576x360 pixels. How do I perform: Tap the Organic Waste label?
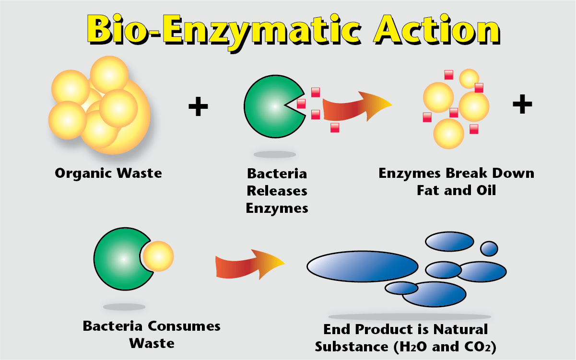108,173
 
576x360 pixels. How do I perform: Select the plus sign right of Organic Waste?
198,106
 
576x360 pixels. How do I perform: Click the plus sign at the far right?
522,105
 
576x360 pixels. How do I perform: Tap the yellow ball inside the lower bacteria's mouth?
158,256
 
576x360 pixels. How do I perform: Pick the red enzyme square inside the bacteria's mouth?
301,103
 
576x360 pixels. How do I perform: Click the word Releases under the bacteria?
277,191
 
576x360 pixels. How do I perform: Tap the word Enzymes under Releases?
277,209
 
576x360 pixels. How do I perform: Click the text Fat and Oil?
456,190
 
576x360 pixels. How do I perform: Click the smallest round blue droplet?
489,248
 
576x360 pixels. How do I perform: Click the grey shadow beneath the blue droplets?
410,316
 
